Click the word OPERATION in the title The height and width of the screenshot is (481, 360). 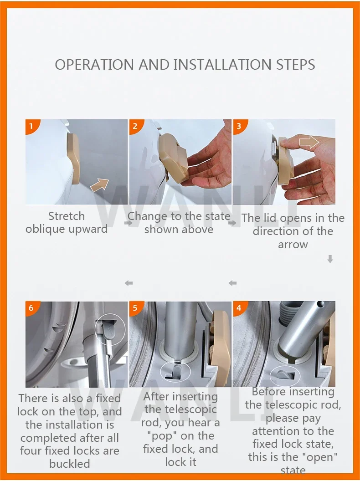click(x=94, y=65)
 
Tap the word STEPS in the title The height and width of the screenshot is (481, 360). click(x=296, y=65)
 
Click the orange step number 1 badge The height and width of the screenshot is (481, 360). click(x=31, y=126)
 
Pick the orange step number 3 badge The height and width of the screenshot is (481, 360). click(x=239, y=126)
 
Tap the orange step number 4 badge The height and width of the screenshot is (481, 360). click(x=239, y=308)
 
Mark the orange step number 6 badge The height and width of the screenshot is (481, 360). click(x=31, y=308)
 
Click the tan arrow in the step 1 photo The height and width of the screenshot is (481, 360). click(x=100, y=185)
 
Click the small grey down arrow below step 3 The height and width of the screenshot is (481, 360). click(x=330, y=259)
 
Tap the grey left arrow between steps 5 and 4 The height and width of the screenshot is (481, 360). click(x=233, y=283)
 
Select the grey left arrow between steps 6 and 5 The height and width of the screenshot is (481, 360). click(x=129, y=283)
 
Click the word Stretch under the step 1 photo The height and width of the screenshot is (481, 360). click(x=66, y=216)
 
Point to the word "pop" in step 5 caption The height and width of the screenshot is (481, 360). click(x=163, y=436)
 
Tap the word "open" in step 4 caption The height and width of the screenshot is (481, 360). click(x=320, y=457)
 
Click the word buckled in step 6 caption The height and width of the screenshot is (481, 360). click(x=70, y=464)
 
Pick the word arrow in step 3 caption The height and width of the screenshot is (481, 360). click(x=293, y=245)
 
